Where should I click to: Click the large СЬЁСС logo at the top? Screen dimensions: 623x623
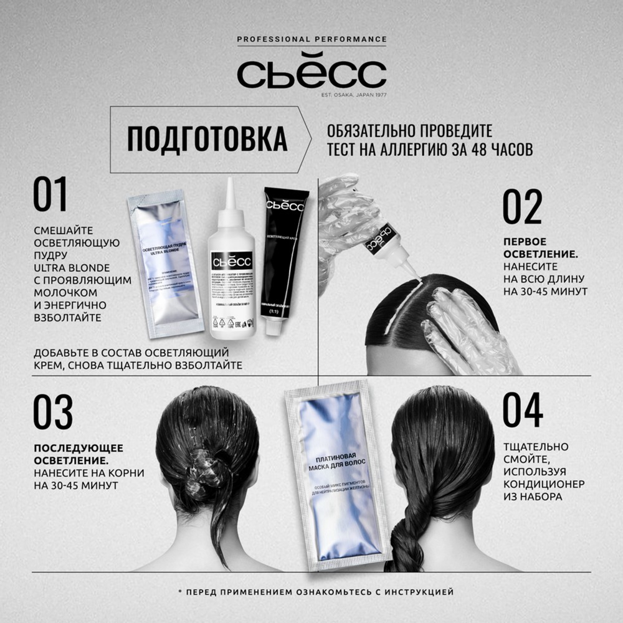click(x=311, y=74)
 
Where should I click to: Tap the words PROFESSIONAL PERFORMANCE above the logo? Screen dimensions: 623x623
click(x=311, y=39)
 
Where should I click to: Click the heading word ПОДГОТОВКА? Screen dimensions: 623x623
click(x=207, y=139)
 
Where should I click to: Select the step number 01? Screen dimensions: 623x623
click(x=50, y=195)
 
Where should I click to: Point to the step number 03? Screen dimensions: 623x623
click(x=53, y=412)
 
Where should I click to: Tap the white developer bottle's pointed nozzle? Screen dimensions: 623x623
click(x=230, y=193)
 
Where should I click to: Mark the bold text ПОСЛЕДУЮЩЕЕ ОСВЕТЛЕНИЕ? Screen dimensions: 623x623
click(x=78, y=455)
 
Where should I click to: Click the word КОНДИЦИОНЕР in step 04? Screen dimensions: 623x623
click(x=545, y=483)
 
